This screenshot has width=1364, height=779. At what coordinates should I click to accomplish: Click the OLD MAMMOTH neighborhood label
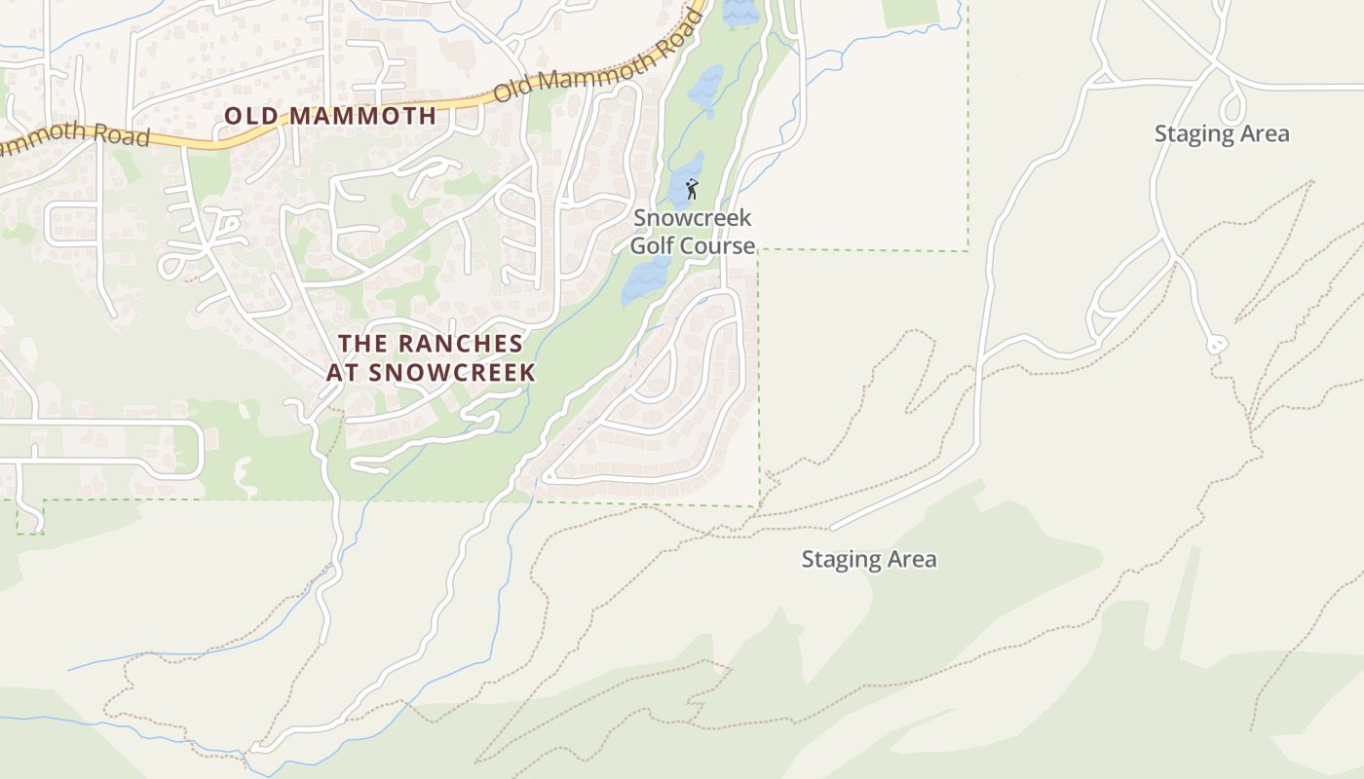[330, 116]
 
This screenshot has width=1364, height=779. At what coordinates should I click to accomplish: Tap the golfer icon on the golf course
[692, 189]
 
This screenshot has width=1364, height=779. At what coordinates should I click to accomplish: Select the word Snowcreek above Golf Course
[693, 218]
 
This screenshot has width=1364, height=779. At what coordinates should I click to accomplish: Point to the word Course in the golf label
[718, 245]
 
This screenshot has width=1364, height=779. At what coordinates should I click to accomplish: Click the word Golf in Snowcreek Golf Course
[651, 245]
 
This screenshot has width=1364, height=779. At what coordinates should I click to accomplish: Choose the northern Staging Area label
[1222, 134]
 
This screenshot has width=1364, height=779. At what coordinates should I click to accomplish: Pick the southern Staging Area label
[869, 560]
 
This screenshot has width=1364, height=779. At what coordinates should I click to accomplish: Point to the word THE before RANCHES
[357, 345]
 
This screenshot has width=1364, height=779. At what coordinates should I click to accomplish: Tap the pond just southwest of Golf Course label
[642, 280]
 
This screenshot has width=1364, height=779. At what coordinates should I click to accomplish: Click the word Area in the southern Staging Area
[912, 560]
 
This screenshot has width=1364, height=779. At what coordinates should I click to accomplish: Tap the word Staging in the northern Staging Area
[1193, 134]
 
